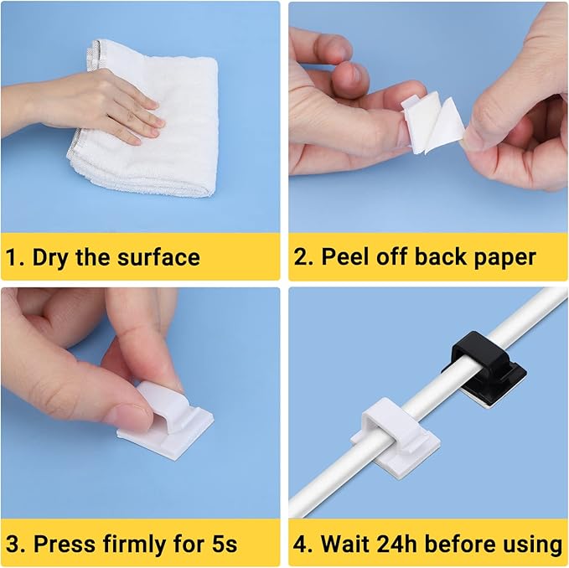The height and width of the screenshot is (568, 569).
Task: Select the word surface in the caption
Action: coord(159,256)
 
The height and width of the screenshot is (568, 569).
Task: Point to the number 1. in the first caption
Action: coord(15,256)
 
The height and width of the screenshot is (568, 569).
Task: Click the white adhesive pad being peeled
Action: coord(431,126)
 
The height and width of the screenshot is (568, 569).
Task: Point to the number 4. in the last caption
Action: coord(304,544)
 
